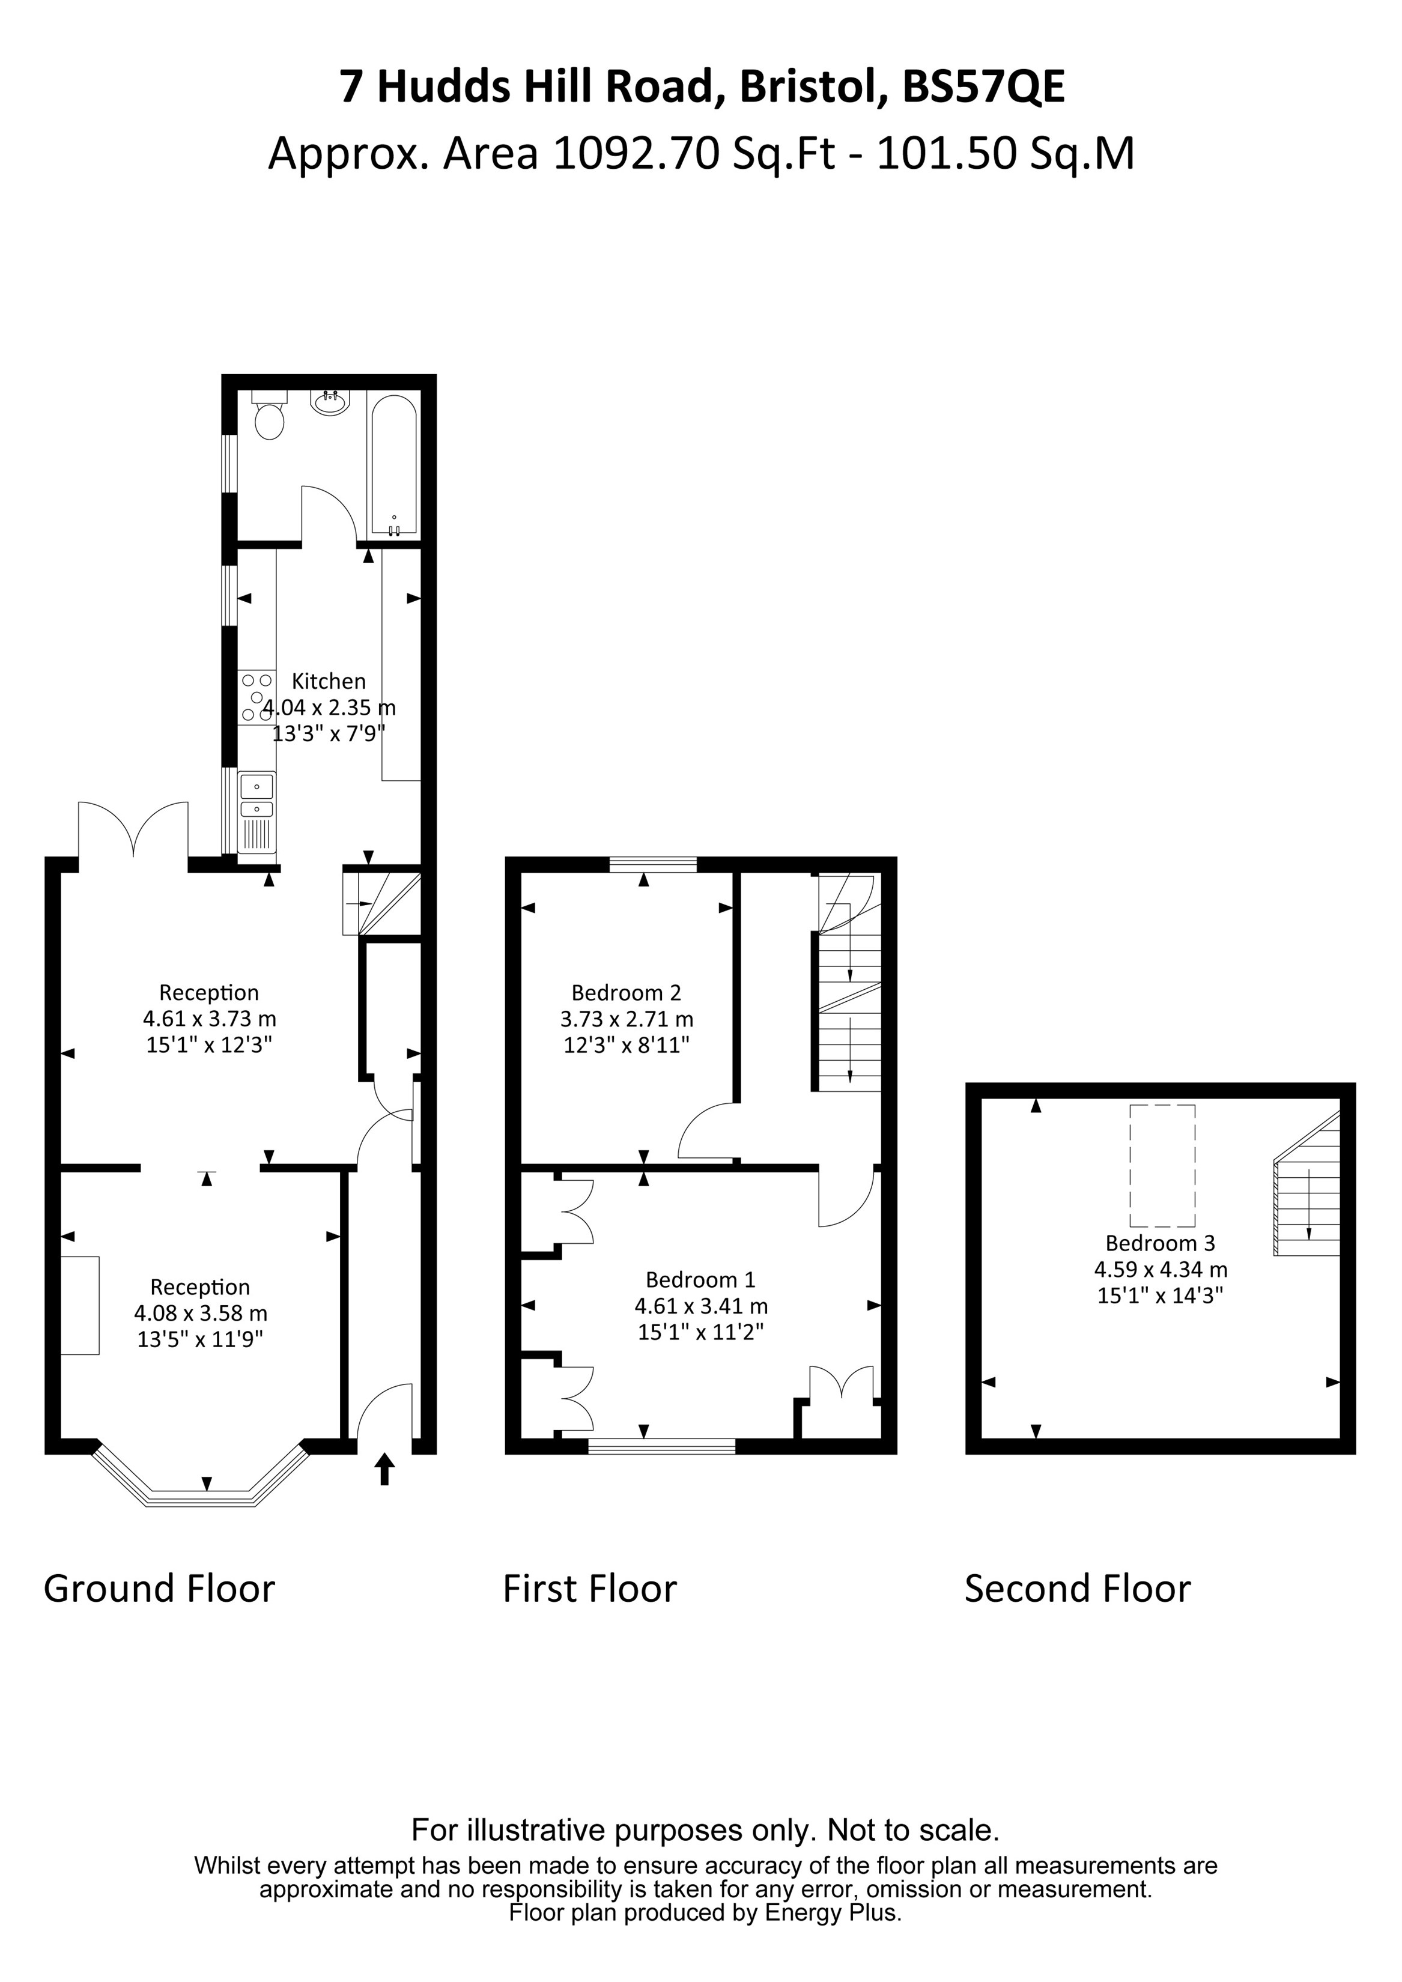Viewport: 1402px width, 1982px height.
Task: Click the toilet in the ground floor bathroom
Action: tap(269, 418)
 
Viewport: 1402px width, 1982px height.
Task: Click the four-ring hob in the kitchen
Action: tap(256, 697)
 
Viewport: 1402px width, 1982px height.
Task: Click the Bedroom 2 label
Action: tap(626, 993)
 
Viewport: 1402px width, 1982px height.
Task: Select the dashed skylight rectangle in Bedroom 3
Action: tap(1162, 1165)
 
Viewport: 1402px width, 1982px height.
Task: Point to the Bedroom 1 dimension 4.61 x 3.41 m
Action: tap(701, 1306)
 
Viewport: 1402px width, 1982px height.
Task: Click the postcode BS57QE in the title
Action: tap(983, 87)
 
